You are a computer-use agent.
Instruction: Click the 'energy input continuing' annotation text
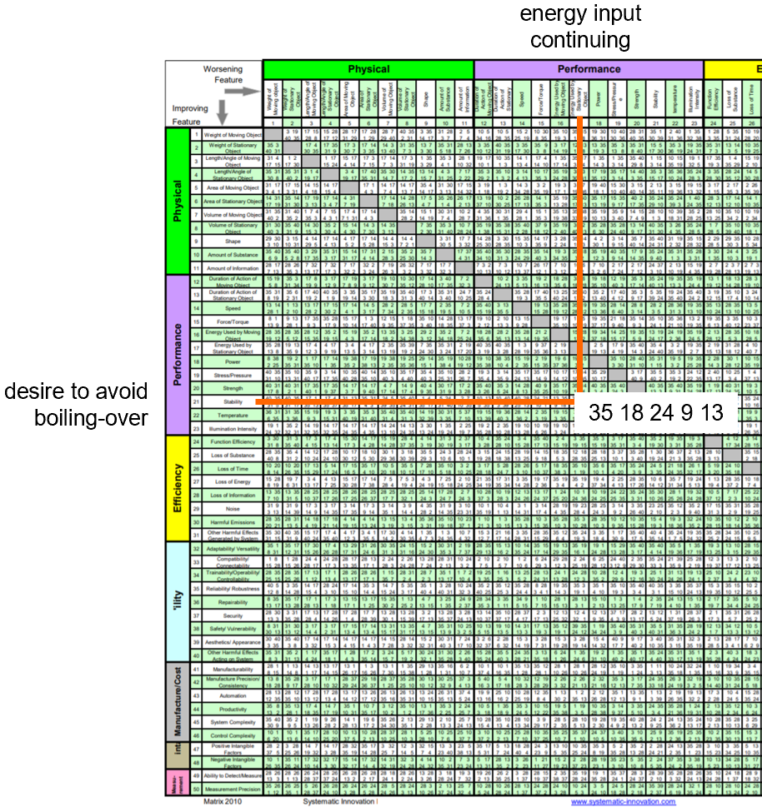click(580, 27)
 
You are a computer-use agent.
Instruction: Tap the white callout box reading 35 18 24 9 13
click(655, 411)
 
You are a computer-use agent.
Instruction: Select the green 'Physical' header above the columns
click(368, 69)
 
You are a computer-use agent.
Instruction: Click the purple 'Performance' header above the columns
click(589, 69)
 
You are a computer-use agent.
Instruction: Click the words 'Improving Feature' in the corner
click(190, 115)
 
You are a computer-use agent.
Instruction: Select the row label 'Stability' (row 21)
click(233, 401)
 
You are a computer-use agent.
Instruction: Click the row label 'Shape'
click(233, 241)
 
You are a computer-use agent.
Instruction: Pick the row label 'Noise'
click(233, 507)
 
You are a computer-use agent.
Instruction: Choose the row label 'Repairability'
click(233, 600)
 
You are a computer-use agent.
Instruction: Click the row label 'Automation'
click(233, 695)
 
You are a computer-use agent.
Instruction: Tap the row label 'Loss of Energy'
click(233, 481)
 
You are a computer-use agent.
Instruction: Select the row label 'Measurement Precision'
click(233, 788)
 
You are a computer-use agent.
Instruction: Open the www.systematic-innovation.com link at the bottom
click(623, 802)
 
